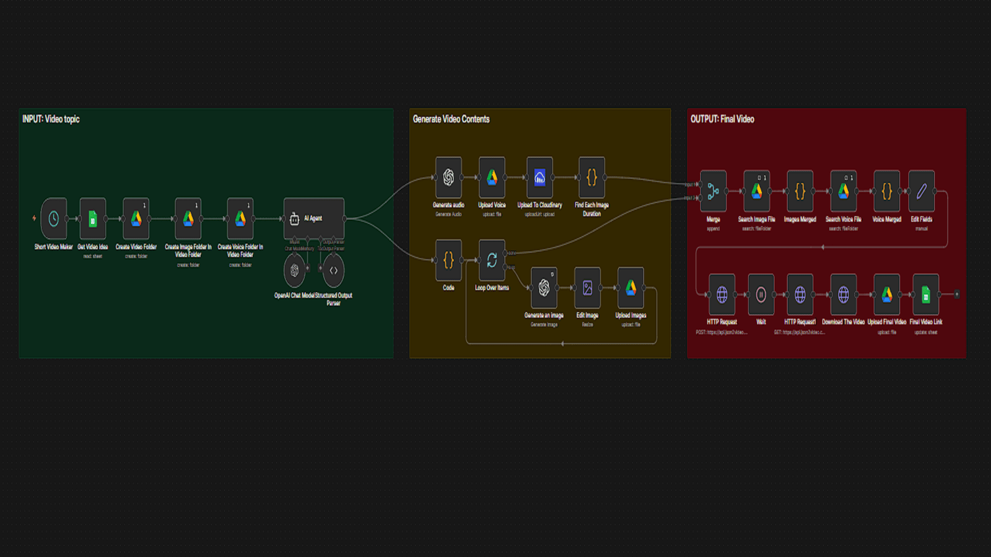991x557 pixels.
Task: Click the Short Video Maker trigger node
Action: point(54,218)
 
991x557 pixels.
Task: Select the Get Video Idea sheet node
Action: point(93,218)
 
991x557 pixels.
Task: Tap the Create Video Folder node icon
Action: point(136,218)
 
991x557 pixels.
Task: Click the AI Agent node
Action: point(313,218)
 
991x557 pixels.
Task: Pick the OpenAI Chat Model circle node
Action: point(294,270)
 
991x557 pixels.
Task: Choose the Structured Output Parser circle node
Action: point(333,270)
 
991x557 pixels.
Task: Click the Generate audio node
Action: point(448,178)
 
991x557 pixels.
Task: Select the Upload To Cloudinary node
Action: point(539,178)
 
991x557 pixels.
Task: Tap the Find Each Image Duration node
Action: point(592,178)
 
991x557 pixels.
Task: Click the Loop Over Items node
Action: point(492,261)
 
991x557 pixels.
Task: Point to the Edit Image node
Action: point(587,288)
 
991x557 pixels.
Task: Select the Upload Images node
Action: point(631,288)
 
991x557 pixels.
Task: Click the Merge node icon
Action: point(713,191)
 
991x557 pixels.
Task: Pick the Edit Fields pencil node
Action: point(922,191)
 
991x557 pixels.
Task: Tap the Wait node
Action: point(761,295)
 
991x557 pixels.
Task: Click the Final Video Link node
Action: point(926,295)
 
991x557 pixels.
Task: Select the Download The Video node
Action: point(844,295)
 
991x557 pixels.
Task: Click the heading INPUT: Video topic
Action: point(51,119)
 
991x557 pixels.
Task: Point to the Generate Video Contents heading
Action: point(451,119)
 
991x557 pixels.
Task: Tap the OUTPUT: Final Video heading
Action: point(722,119)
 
